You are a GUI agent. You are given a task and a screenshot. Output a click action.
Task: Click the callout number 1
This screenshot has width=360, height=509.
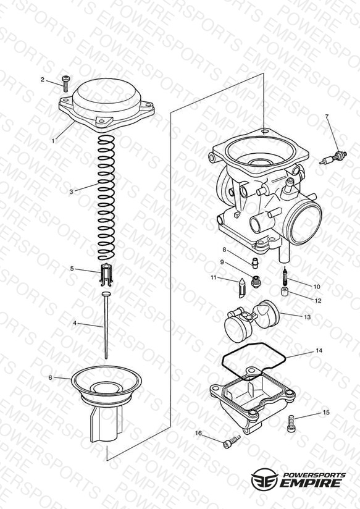(x=53, y=141)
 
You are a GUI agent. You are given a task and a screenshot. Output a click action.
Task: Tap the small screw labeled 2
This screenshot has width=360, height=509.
(x=65, y=83)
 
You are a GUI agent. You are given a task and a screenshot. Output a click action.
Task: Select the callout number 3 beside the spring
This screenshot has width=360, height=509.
(x=72, y=192)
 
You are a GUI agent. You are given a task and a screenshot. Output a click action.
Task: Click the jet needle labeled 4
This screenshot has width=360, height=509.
(x=106, y=326)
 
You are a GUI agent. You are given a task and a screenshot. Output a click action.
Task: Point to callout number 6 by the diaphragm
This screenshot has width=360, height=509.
(x=50, y=377)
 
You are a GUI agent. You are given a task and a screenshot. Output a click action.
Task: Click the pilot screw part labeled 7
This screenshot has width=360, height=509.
(x=333, y=158)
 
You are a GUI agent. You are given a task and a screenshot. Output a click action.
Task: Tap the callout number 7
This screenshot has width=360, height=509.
(x=327, y=117)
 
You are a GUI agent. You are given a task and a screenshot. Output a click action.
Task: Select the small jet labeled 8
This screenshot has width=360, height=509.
(x=255, y=263)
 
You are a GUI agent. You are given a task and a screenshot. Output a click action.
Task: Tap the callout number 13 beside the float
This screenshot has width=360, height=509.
(x=307, y=317)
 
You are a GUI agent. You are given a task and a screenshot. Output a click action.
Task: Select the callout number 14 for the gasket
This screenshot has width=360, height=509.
(x=319, y=351)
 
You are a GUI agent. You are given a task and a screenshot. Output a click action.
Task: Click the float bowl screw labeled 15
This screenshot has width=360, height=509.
(x=291, y=424)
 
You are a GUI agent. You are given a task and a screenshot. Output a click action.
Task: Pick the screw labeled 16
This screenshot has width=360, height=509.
(x=232, y=442)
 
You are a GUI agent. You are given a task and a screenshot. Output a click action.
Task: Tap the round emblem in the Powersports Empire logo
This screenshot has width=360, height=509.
(x=264, y=479)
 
